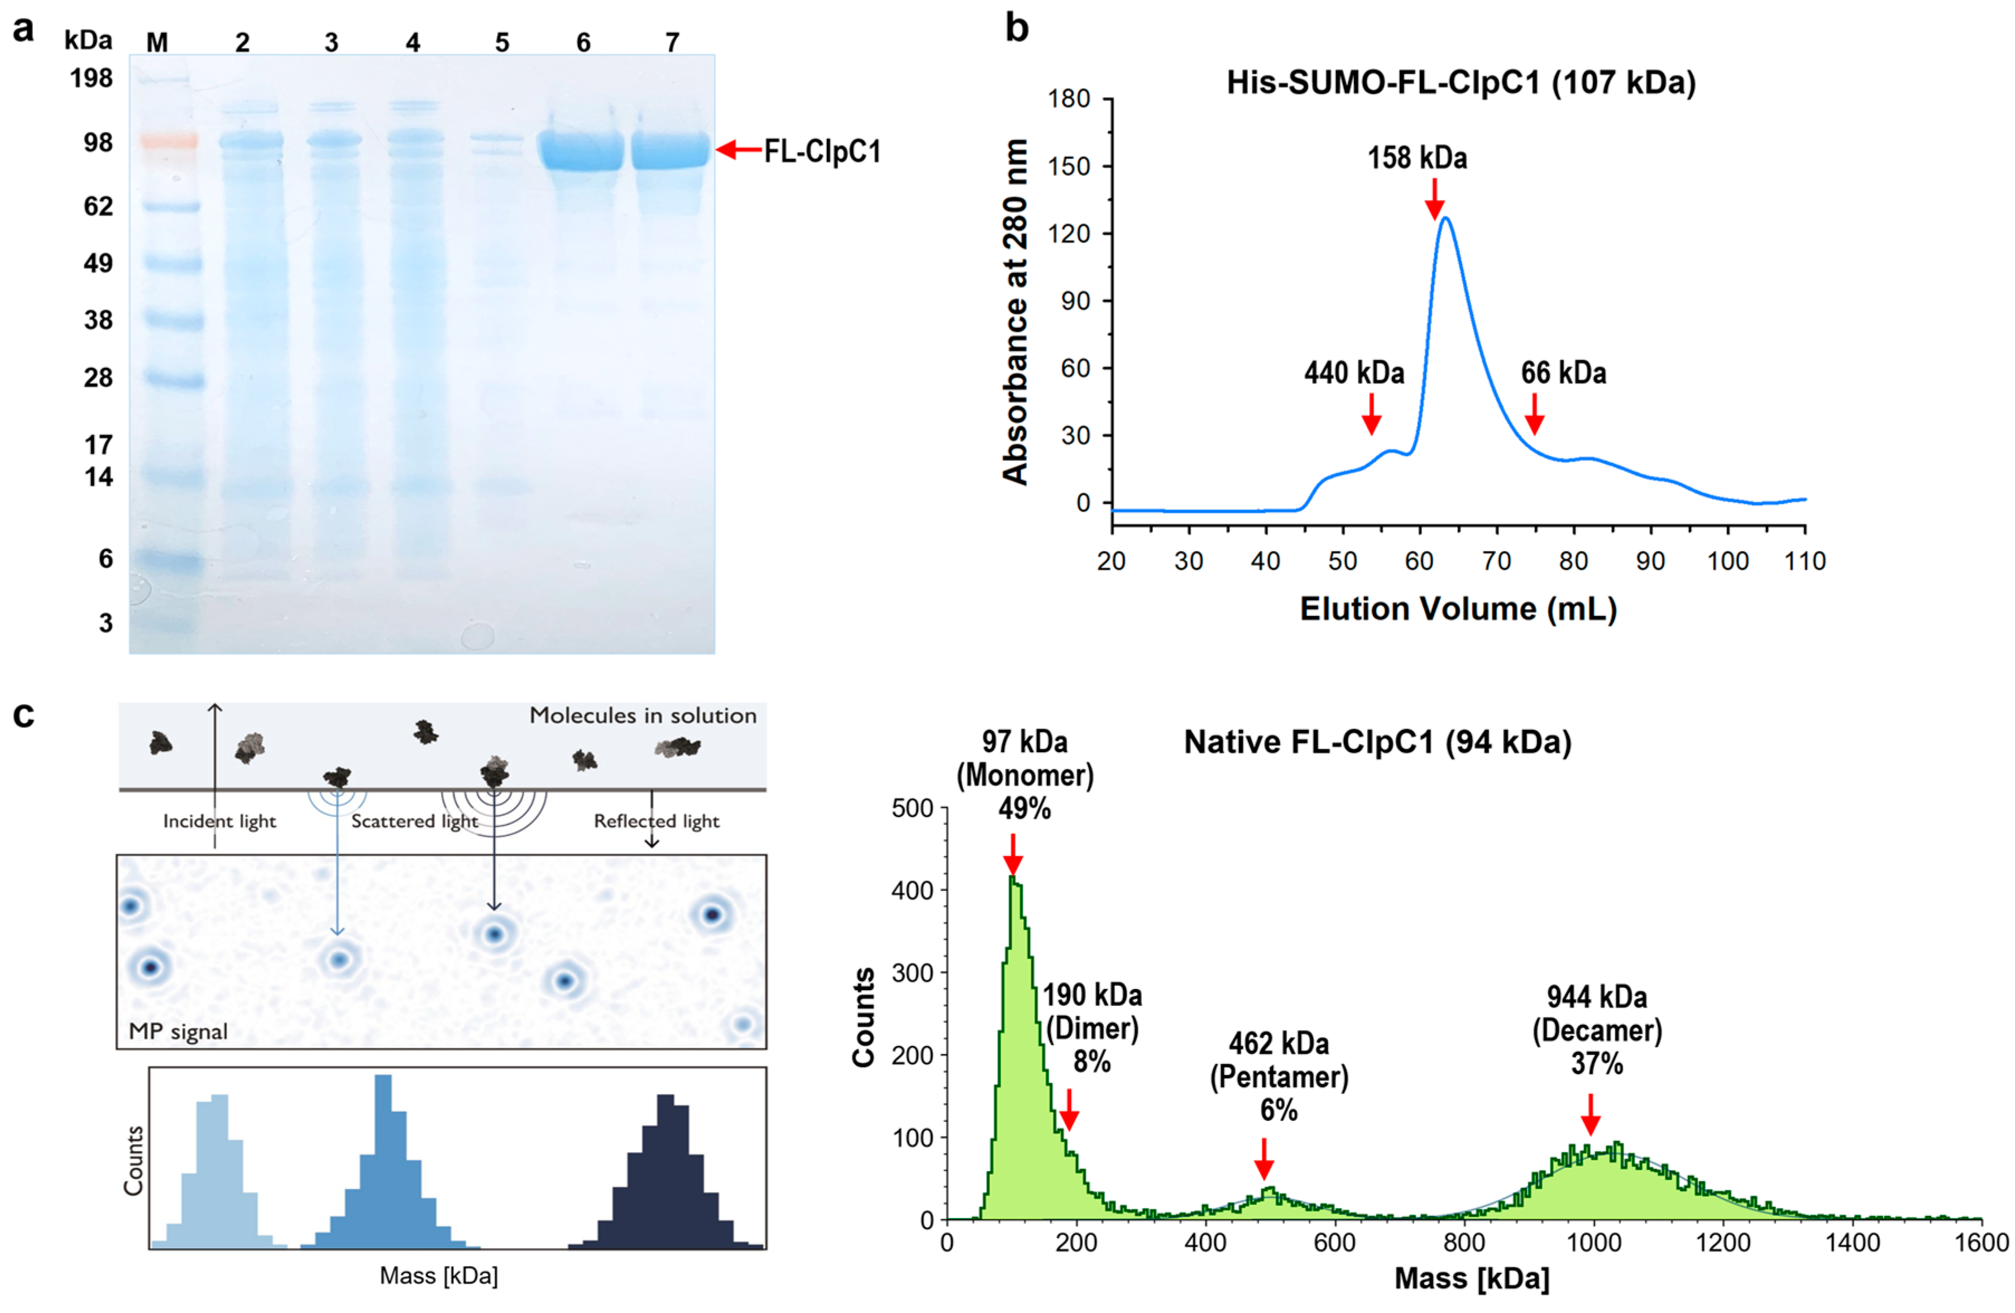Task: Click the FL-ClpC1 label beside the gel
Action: pyautogui.click(x=822, y=152)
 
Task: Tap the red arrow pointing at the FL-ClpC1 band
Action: pyautogui.click(x=739, y=150)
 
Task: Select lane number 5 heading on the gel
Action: pyautogui.click(x=502, y=42)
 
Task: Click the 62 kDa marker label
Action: pyautogui.click(x=98, y=206)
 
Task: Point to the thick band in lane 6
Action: pyautogui.click(x=582, y=151)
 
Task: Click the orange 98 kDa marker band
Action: pyautogui.click(x=169, y=141)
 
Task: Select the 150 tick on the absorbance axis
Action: pyautogui.click(x=1069, y=166)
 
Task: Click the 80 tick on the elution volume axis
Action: pyautogui.click(x=1573, y=561)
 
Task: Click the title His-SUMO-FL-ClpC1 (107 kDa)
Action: pyautogui.click(x=1461, y=83)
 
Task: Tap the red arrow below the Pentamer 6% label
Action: pyautogui.click(x=1263, y=1158)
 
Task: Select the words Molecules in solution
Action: pyautogui.click(x=643, y=716)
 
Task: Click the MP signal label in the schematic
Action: pyautogui.click(x=178, y=1031)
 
